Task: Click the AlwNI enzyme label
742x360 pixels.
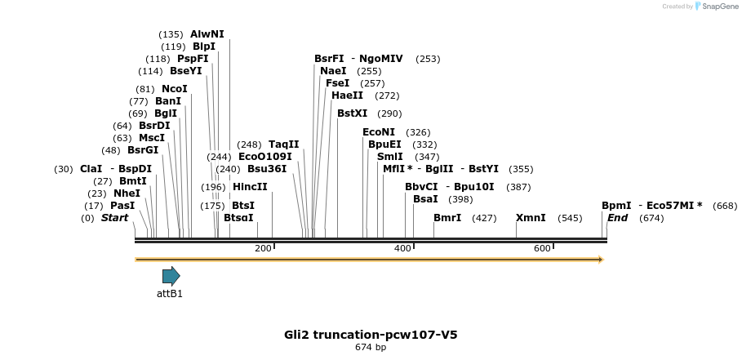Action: pyautogui.click(x=207, y=34)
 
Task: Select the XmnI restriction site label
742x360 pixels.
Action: pyautogui.click(x=531, y=218)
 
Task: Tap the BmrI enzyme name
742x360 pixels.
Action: pyautogui.click(x=447, y=218)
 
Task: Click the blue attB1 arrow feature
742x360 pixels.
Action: pyautogui.click(x=171, y=276)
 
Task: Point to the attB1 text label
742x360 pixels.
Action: pyautogui.click(x=170, y=294)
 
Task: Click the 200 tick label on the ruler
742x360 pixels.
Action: pyautogui.click(x=263, y=248)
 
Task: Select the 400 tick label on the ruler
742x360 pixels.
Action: pyautogui.click(x=402, y=248)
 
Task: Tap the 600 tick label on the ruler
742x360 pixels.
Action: pyautogui.click(x=542, y=248)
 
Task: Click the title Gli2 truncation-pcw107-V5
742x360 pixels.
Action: pyautogui.click(x=376, y=335)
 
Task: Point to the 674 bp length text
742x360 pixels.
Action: pyautogui.click(x=371, y=348)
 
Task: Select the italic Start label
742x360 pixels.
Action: pyautogui.click(x=115, y=218)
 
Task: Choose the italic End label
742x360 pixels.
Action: pyautogui.click(x=617, y=218)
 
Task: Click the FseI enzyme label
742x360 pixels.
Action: pyautogui.click(x=337, y=83)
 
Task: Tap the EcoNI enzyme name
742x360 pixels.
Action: pyautogui.click(x=379, y=132)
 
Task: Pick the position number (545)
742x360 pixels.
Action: pyautogui.click(x=570, y=218)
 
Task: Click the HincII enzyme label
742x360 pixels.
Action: pyautogui.click(x=250, y=187)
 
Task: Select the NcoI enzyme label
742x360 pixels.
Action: pyautogui.click(x=175, y=89)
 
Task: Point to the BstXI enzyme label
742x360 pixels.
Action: pyautogui.click(x=353, y=113)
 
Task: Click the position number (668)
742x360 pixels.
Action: pyautogui.click(x=725, y=206)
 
